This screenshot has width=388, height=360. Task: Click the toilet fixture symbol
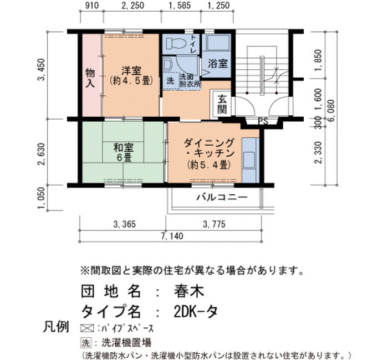click(176, 43)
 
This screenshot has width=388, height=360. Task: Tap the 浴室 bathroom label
click(218, 64)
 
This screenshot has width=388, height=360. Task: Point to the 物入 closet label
click(90, 78)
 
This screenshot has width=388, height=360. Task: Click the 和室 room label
click(124, 148)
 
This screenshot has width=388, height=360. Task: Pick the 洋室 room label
click(131, 71)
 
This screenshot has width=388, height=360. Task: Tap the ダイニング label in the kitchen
click(208, 143)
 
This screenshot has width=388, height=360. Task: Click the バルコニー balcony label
click(222, 197)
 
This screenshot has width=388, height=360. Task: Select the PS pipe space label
click(263, 121)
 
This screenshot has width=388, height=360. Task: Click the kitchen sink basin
click(249, 160)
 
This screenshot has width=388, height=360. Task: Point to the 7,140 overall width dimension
click(172, 236)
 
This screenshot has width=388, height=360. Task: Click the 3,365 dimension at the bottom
click(125, 224)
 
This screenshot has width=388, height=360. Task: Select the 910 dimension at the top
click(92, 6)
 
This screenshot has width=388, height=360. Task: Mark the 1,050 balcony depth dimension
click(42, 198)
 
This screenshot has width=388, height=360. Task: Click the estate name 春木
click(189, 291)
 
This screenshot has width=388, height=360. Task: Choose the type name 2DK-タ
click(196, 311)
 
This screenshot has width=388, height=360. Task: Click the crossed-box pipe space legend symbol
click(87, 328)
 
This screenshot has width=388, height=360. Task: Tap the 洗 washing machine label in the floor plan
click(170, 80)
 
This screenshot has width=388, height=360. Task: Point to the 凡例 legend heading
click(56, 327)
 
